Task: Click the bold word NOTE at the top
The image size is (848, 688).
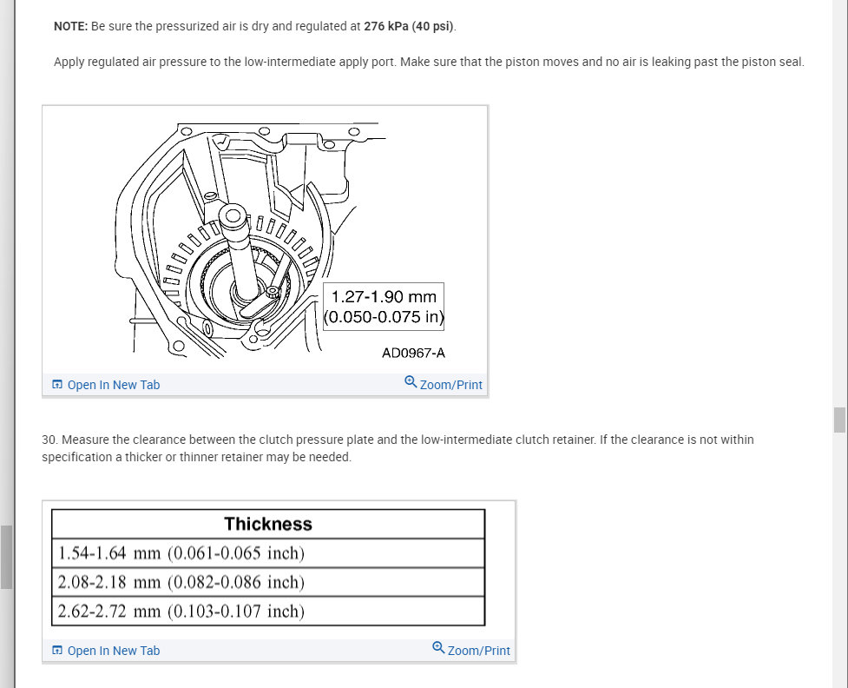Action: pyautogui.click(x=70, y=26)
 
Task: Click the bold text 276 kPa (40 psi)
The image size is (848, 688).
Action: pyautogui.click(x=409, y=26)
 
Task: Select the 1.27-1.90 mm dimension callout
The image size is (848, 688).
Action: pyautogui.click(x=384, y=297)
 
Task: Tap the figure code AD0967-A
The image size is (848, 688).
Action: pyautogui.click(x=413, y=353)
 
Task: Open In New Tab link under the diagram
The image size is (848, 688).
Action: pyautogui.click(x=106, y=385)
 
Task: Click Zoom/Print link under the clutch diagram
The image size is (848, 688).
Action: pyautogui.click(x=444, y=384)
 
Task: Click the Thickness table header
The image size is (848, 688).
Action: pyautogui.click(x=268, y=524)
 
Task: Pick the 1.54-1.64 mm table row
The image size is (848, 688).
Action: pyautogui.click(x=181, y=553)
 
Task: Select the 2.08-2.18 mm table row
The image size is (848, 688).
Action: pyautogui.click(x=181, y=582)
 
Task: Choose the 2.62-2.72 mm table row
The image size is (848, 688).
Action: pyautogui.click(x=181, y=611)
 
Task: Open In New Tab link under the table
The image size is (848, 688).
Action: pyautogui.click(x=106, y=651)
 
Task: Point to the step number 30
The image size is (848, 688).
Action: pyautogui.click(x=49, y=440)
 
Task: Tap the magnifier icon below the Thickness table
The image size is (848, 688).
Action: pyautogui.click(x=438, y=648)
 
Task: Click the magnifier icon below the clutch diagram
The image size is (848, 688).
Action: pyautogui.click(x=411, y=382)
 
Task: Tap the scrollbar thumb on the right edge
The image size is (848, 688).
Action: pyautogui.click(x=839, y=420)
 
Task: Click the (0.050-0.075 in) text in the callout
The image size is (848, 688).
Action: pyautogui.click(x=384, y=317)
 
